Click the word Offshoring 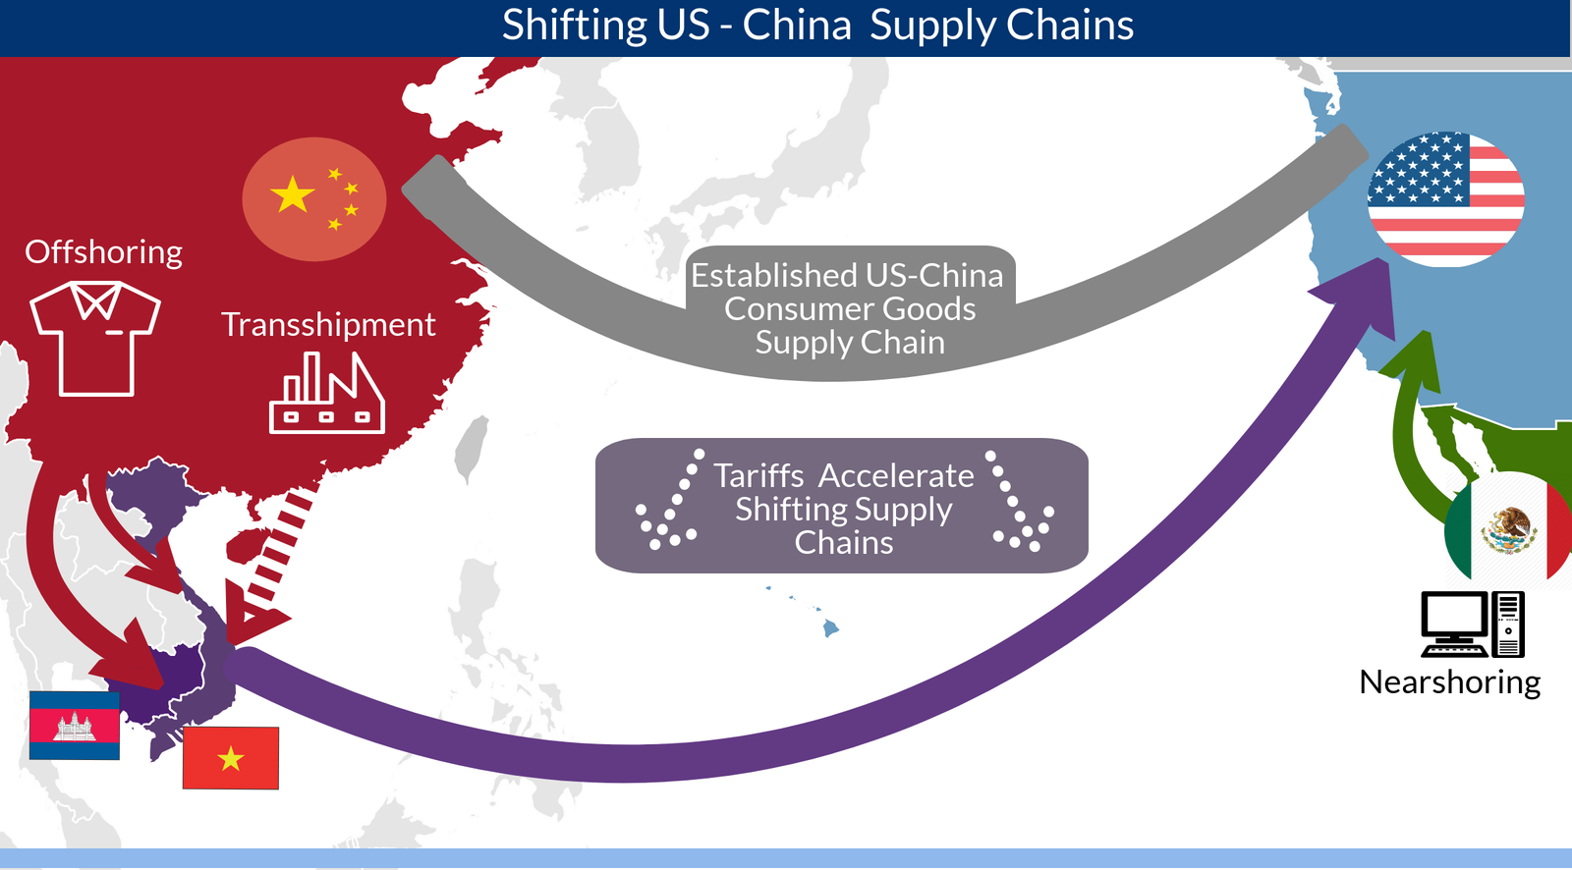click(103, 252)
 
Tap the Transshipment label click(328, 325)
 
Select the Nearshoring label click(1449, 682)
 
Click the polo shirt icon click(95, 338)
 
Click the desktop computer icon click(1472, 624)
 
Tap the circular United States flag click(1445, 199)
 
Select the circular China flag click(313, 199)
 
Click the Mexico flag click(1509, 530)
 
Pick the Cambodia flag click(75, 726)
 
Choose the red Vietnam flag click(231, 758)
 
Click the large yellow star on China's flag click(293, 194)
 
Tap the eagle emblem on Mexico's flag click(1509, 530)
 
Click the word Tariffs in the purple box click(758, 476)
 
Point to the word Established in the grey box click(774, 276)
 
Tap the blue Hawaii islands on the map click(830, 626)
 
